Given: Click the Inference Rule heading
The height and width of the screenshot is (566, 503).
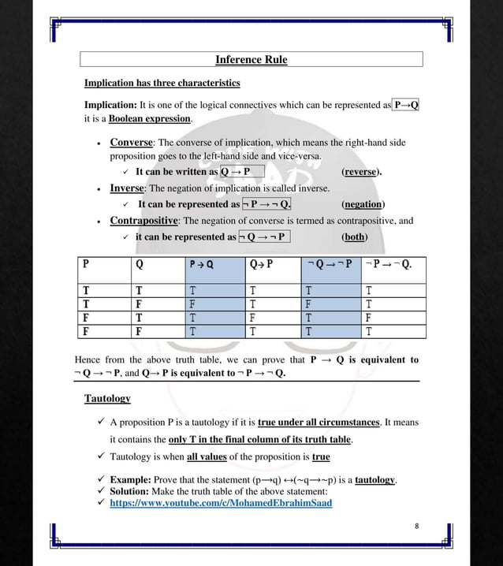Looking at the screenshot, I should [x=251, y=60].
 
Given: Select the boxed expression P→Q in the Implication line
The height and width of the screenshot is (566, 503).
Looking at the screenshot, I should [x=405, y=105].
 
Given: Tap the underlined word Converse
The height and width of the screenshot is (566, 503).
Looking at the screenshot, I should [x=131, y=143].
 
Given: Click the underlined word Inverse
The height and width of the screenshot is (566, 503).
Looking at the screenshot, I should [x=126, y=189].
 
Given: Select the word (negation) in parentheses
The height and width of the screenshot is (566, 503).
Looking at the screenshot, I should [x=363, y=204].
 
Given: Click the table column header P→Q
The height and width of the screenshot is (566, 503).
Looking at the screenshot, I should [x=201, y=265].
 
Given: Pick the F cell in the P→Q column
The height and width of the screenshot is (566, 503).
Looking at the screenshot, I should [x=192, y=303].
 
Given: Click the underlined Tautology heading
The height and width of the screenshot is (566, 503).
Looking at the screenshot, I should [x=107, y=399].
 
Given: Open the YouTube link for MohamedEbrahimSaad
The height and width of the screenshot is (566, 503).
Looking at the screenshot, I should [x=221, y=503].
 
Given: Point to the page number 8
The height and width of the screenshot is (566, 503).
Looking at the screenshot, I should [x=416, y=525].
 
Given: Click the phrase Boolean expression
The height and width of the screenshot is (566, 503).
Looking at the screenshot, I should [x=150, y=119].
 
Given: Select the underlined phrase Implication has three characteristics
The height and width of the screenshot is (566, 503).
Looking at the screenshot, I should [x=162, y=83].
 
